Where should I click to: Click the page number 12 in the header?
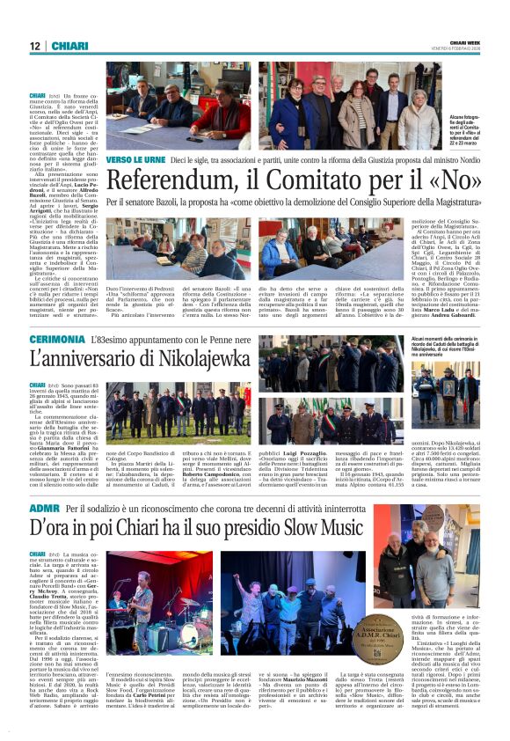coord(35,46)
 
